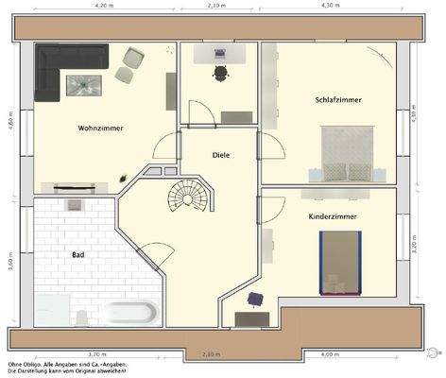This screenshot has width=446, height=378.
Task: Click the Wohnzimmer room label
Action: point(100,128)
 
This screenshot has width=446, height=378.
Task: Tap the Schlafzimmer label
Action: point(338,100)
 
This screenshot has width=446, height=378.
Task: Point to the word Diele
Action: point(221,155)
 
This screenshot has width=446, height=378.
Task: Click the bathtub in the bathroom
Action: point(133,312)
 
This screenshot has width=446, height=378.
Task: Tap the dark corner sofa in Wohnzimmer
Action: point(53,72)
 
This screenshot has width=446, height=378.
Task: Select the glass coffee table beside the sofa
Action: point(83,84)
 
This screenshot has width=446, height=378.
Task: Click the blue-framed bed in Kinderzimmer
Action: point(340,262)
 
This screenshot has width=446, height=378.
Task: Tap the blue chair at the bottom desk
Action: point(253,301)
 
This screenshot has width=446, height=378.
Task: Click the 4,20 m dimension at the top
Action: point(106,5)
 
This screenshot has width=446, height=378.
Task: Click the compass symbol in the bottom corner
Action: point(433,352)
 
